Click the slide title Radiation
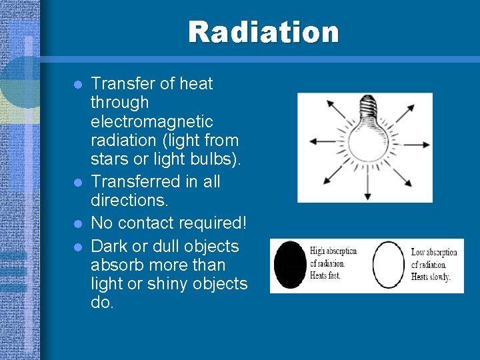(263, 32)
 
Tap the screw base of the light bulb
(366, 107)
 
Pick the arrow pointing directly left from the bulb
(322, 141)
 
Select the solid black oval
(291, 265)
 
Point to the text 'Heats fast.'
(327, 275)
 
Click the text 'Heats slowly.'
(431, 276)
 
